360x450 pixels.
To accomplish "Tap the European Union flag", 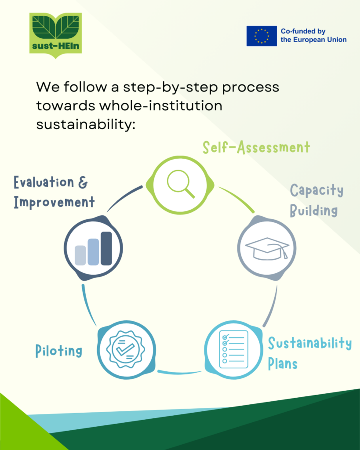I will pyautogui.click(x=262, y=36).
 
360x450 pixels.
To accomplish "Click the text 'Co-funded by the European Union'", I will pyautogui.click(x=313, y=36).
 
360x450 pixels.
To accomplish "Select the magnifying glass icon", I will pyautogui.click(x=181, y=184).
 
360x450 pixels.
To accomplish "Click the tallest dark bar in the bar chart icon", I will pyautogui.click(x=106, y=248).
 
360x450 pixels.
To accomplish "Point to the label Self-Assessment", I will pyautogui.click(x=256, y=148).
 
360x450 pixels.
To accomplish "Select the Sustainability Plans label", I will pyautogui.click(x=309, y=353).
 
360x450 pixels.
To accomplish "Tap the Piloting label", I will pyautogui.click(x=59, y=351).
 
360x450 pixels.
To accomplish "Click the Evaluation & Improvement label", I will pyautogui.click(x=54, y=192).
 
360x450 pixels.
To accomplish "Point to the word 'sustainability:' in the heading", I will pyautogui.click(x=85, y=124).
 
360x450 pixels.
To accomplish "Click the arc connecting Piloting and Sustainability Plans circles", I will pyautogui.click(x=179, y=373).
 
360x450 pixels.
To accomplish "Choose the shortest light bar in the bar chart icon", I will pyautogui.click(x=80, y=255).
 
